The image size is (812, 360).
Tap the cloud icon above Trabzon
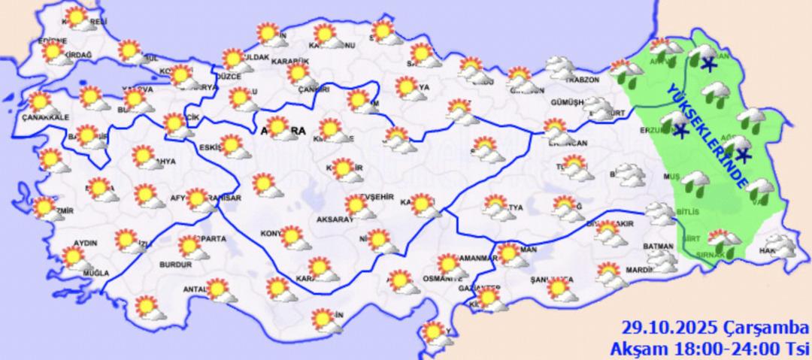point(560,68)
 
